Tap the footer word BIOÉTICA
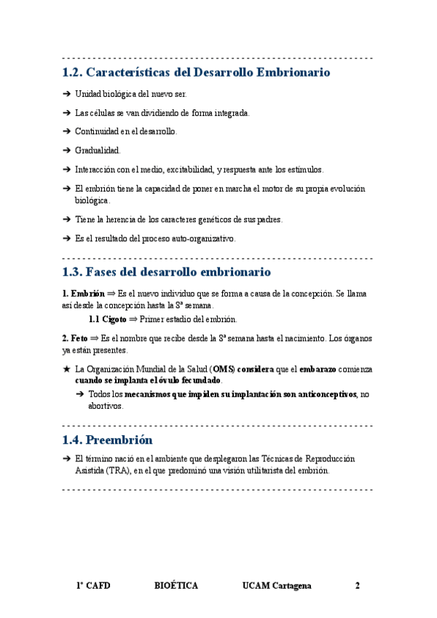(x=176, y=586)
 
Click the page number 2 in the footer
(x=358, y=586)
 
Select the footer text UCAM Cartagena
(x=277, y=586)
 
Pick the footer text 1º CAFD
(x=93, y=586)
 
